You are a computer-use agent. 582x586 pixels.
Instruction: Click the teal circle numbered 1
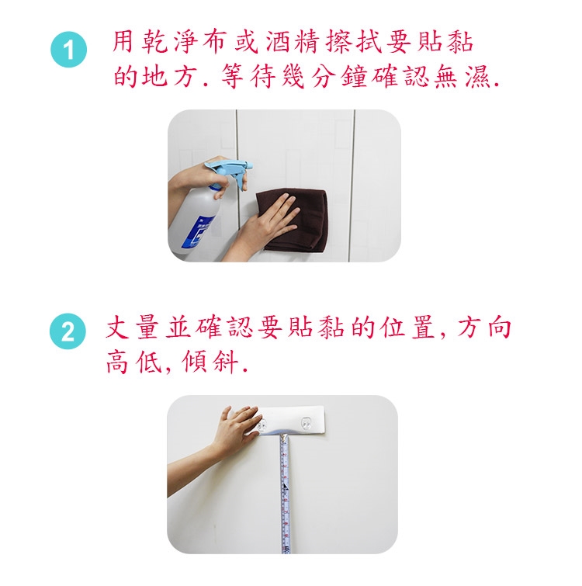coord(69,50)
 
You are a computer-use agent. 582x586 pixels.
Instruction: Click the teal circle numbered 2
coord(68,331)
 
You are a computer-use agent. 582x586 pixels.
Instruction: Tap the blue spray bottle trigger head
coord(229,170)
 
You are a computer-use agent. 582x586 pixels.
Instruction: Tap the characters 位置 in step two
coord(407,328)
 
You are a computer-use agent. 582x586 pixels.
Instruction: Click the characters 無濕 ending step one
coord(462,76)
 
